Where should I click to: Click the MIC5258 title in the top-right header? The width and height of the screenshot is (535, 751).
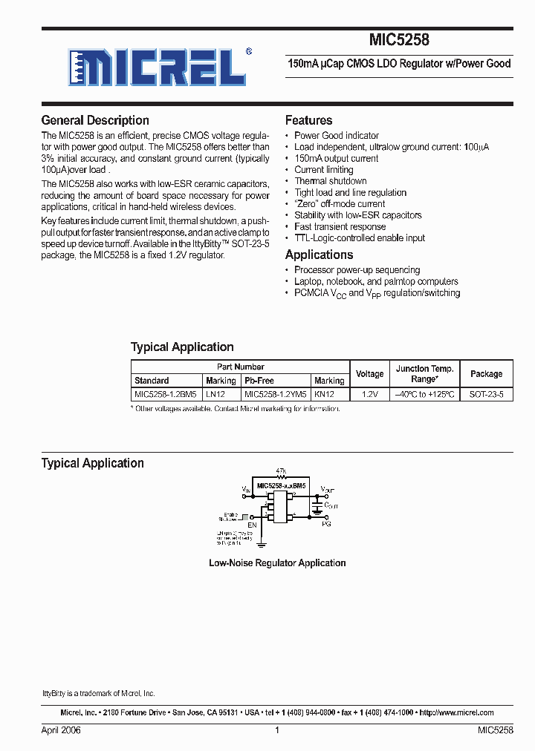(399, 42)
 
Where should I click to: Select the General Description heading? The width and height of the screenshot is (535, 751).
(94, 120)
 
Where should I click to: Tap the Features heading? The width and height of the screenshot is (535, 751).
(308, 120)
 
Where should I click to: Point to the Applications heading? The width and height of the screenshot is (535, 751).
(319, 255)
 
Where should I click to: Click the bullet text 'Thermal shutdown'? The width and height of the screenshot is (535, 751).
(330, 181)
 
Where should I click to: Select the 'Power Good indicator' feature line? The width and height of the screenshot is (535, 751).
(336, 136)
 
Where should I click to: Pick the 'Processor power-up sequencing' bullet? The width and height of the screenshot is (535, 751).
(357, 270)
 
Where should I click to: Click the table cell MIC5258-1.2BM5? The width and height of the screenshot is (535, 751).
(166, 395)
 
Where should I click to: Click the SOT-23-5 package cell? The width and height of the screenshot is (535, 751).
(486, 395)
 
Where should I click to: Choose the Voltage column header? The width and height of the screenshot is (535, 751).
(369, 374)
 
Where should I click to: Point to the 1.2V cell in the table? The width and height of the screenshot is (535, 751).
(369, 395)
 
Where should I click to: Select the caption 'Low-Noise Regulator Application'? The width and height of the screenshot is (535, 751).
(277, 563)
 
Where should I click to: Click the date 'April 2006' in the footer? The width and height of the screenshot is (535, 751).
(61, 730)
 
